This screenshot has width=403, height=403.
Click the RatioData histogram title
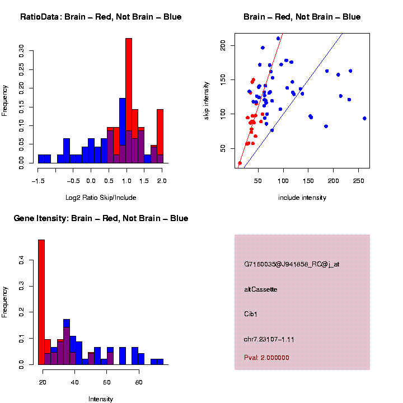click(101, 17)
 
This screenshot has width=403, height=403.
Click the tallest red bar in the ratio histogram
click(129, 101)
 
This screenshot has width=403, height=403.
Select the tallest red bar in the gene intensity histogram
click(41, 302)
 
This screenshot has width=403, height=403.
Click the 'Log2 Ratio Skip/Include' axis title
click(101, 197)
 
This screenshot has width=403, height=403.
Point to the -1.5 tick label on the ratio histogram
click(38, 181)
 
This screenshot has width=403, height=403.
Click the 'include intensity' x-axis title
click(302, 197)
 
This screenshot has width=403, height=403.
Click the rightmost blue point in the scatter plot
click(364, 118)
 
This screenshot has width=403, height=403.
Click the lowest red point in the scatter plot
click(240, 163)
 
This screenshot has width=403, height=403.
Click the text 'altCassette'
click(261, 289)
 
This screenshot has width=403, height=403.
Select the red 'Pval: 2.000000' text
click(266, 358)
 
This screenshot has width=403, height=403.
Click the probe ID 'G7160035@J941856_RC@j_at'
click(292, 264)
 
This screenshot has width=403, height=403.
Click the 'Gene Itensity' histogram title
click(101, 218)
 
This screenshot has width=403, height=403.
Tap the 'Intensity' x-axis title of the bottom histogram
click(101, 399)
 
